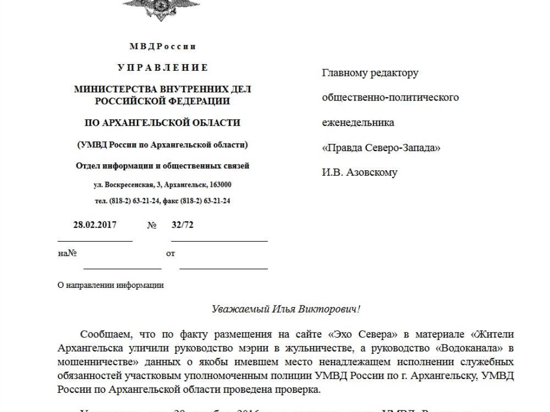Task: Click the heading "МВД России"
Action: [x=162, y=47]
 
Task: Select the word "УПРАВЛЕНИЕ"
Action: [x=163, y=68]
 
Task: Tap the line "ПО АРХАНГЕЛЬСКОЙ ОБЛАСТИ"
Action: [x=162, y=123]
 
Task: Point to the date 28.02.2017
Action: [x=95, y=225]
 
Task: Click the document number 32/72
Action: [x=183, y=225]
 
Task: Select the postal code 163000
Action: [x=219, y=185]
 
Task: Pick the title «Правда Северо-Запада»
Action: [x=381, y=148]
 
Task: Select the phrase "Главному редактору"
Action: [x=370, y=73]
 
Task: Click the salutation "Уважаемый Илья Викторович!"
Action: [x=286, y=309]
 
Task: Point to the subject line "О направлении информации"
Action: [x=111, y=285]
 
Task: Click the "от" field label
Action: [x=170, y=254]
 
